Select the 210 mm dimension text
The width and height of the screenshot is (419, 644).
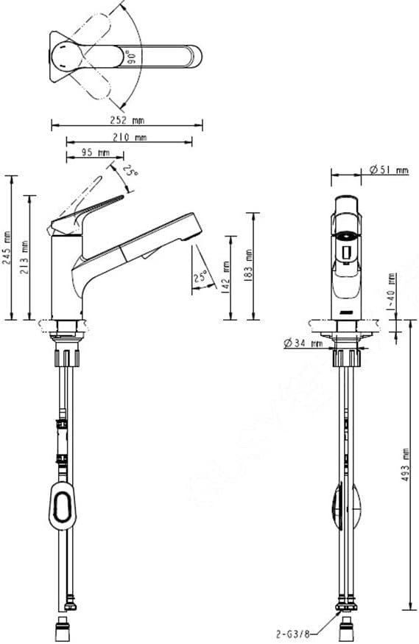point(130,137)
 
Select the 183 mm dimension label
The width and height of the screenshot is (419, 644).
point(249,265)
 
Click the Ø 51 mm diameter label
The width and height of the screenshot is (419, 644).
point(388,170)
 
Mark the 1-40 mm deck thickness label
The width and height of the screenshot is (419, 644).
point(392,289)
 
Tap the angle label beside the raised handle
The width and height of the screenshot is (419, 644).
point(131,172)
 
